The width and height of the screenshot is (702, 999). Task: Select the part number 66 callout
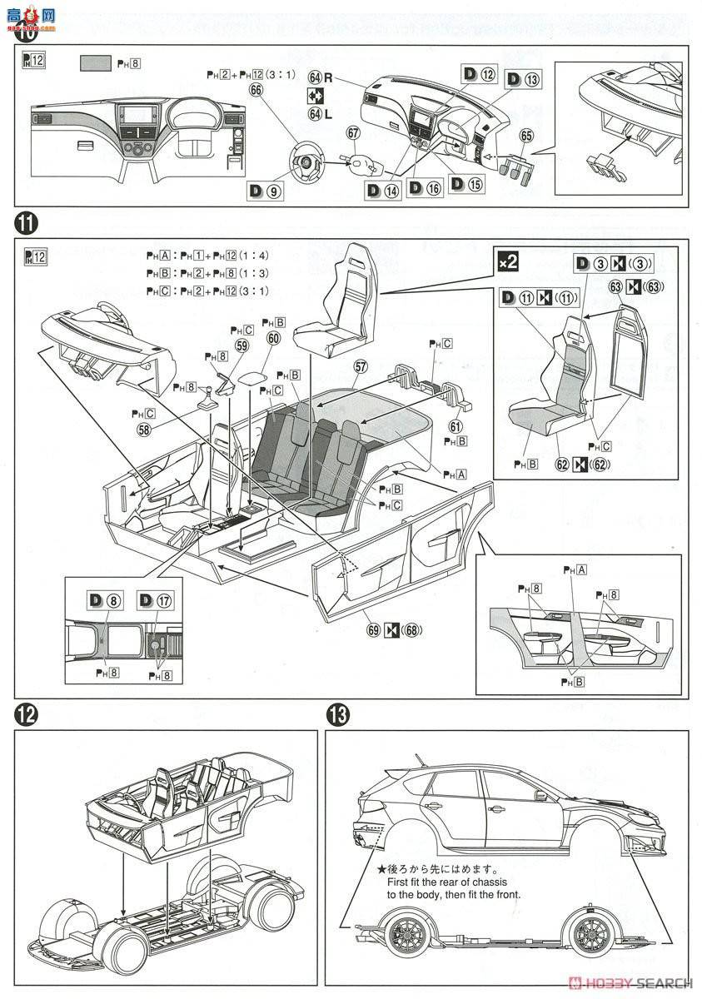pyautogui.click(x=255, y=89)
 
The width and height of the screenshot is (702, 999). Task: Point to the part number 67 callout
pyautogui.click(x=353, y=133)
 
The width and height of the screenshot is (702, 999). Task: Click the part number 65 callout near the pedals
pyautogui.click(x=525, y=135)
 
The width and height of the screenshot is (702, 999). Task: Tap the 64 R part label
pyautogui.click(x=321, y=77)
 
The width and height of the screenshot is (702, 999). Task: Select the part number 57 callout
pyautogui.click(x=361, y=365)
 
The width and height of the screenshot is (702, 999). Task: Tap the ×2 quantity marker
pyautogui.click(x=508, y=262)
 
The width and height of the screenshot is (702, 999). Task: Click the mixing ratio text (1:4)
pyautogui.click(x=255, y=256)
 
